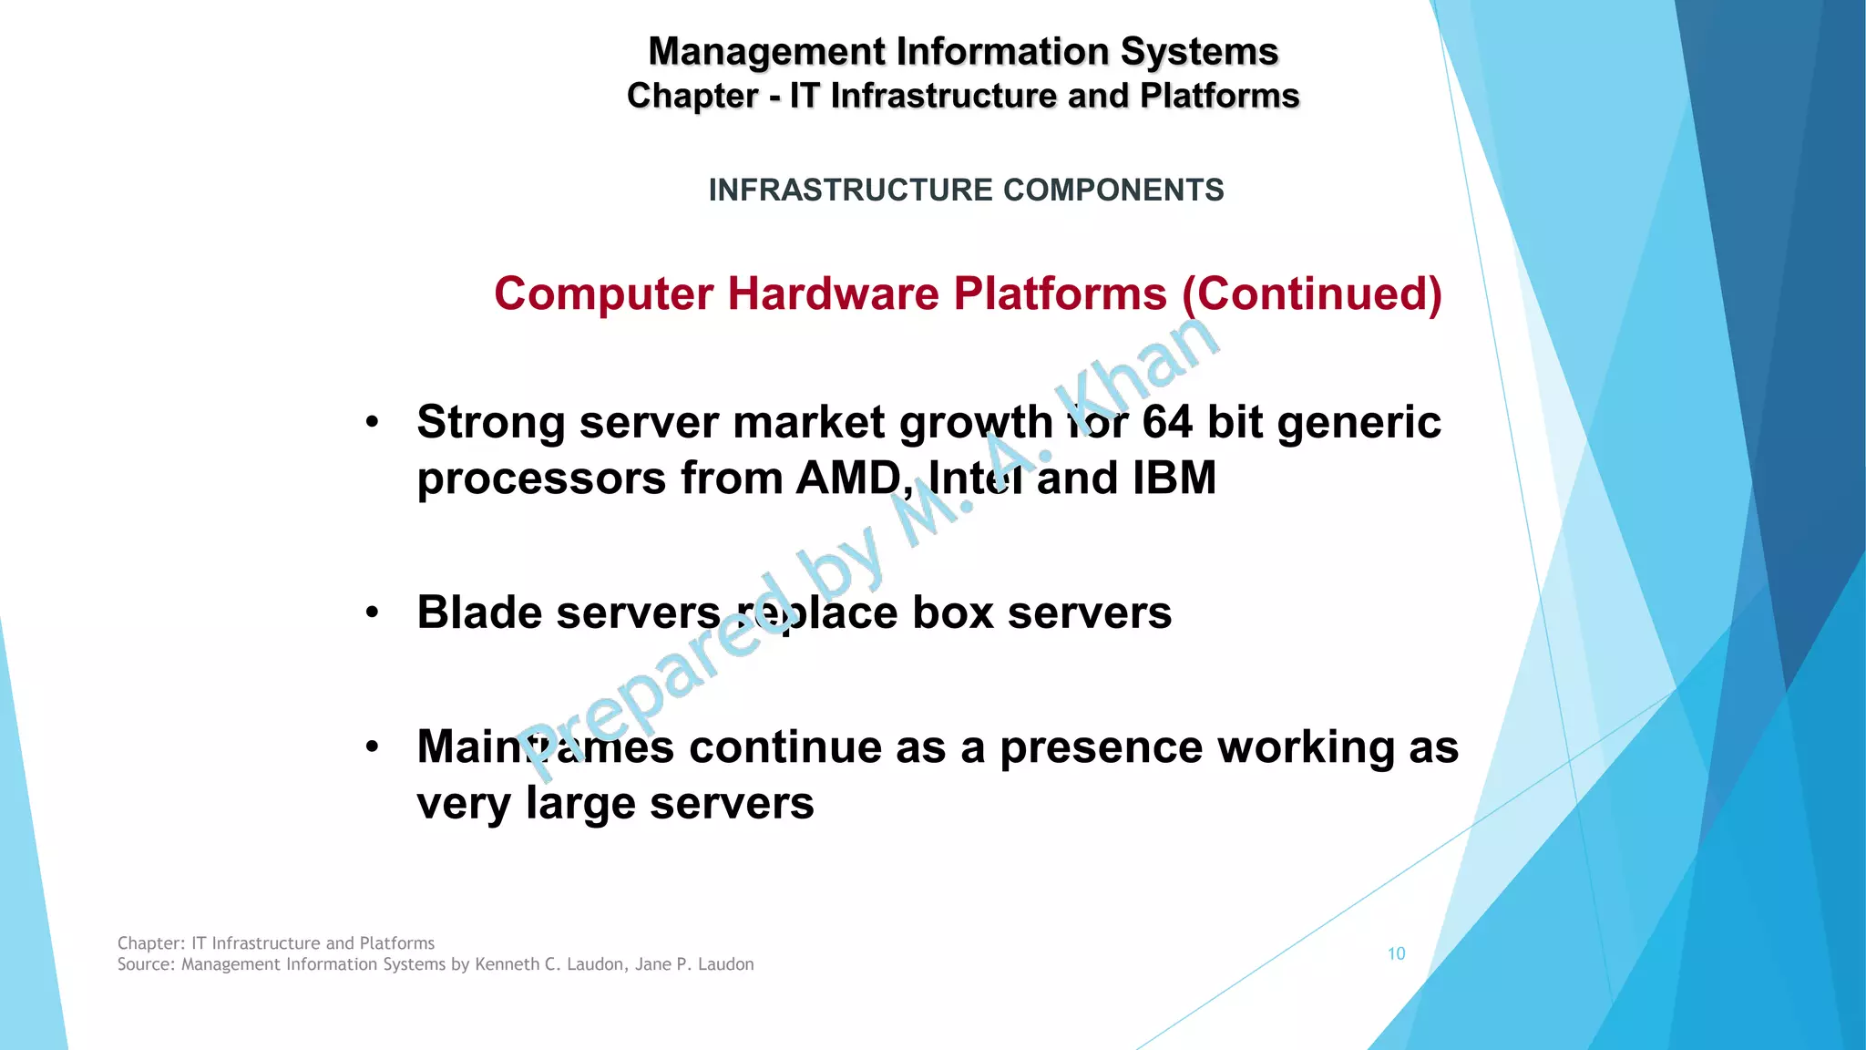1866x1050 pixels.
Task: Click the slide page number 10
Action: pos(1396,953)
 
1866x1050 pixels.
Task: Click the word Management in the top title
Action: pos(766,52)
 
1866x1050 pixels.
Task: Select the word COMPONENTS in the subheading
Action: pos(1113,190)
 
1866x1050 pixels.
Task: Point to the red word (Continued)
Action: pos(1312,294)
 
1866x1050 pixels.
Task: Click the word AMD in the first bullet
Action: pos(846,478)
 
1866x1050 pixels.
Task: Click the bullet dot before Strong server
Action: pos(372,422)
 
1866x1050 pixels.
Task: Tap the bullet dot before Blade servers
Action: pos(372,612)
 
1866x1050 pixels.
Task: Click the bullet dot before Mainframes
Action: pos(372,746)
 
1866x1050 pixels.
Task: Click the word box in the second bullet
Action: pos(952,612)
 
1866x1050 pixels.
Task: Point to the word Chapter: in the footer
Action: pos(151,943)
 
